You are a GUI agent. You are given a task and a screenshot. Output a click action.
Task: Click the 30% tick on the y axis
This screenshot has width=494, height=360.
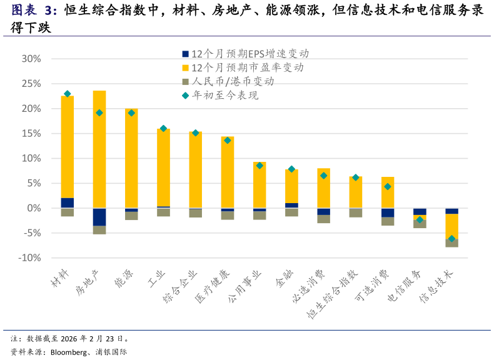(x=31, y=59)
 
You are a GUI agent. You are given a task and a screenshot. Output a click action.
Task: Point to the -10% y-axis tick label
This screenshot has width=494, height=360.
(x=29, y=258)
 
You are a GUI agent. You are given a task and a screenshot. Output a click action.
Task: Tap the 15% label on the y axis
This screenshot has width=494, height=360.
(x=31, y=134)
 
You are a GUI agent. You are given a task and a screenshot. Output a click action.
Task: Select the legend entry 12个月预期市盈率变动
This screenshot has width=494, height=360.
(x=247, y=67)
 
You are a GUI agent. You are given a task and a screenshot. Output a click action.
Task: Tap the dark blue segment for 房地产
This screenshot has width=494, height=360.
(x=99, y=216)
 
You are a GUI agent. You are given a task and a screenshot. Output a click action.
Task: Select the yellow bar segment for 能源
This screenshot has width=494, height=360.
(x=131, y=159)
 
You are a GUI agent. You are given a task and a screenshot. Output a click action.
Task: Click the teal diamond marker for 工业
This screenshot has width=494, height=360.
(x=163, y=129)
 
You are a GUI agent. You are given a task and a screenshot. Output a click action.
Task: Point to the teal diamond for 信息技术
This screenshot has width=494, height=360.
(x=451, y=238)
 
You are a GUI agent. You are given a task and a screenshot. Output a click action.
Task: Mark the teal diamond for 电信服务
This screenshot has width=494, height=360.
(x=420, y=219)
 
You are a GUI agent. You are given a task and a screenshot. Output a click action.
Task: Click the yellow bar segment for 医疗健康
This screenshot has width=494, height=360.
(x=228, y=172)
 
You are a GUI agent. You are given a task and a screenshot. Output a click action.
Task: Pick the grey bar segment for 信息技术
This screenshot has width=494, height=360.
(x=451, y=243)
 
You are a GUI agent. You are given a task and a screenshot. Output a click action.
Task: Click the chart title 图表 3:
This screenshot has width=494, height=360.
(x=34, y=11)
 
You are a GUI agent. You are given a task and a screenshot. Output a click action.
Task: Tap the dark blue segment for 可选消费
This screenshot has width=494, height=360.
(x=388, y=212)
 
